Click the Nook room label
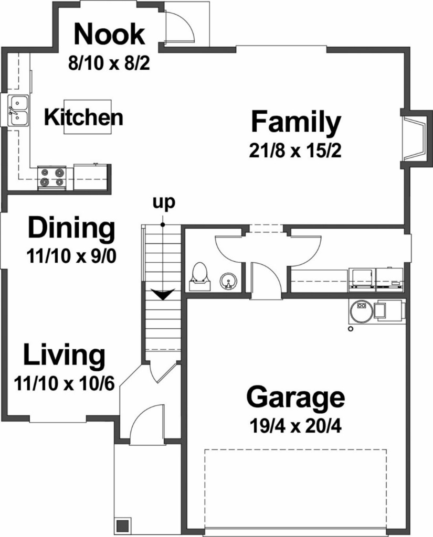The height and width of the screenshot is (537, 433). point(109,34)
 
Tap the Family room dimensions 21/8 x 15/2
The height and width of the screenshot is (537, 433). point(295,151)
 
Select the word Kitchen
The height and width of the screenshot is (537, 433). point(83,117)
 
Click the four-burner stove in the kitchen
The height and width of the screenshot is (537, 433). point(51,178)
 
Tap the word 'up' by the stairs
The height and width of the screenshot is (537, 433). point(164,203)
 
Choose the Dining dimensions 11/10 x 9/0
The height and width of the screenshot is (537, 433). point(71,256)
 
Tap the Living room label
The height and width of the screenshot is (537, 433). point(64,355)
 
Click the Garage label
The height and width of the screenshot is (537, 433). point(295,398)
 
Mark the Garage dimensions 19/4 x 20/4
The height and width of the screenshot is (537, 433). point(295,427)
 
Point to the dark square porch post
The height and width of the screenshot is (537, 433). point(123,525)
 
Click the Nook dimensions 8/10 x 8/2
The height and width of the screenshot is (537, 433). point(109,63)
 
